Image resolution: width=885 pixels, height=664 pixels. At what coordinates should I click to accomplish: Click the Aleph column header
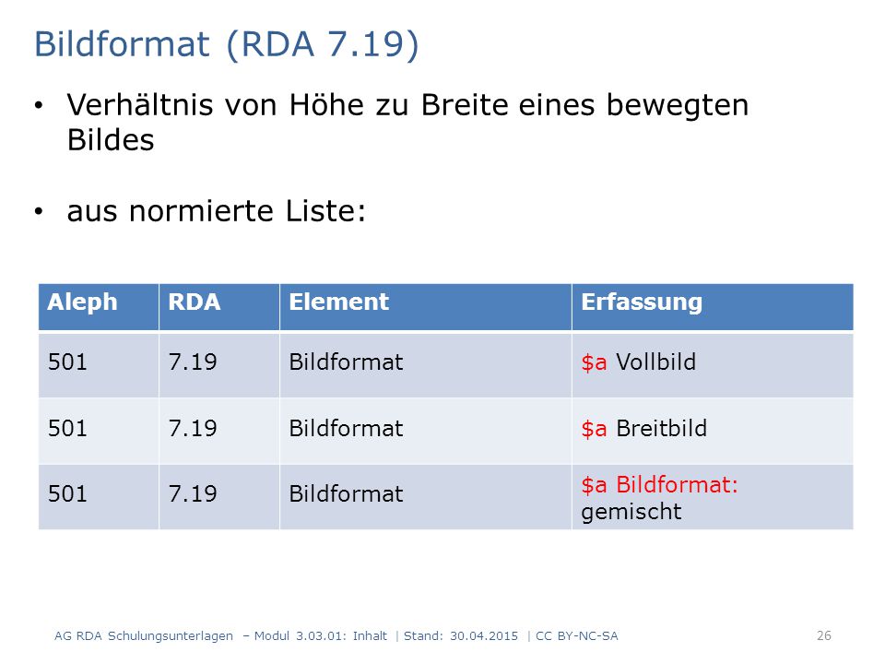(82, 302)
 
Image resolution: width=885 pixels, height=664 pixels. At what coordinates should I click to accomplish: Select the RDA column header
(195, 302)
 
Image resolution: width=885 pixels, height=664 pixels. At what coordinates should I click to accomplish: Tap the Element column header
(338, 302)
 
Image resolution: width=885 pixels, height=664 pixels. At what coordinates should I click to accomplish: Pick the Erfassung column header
(642, 303)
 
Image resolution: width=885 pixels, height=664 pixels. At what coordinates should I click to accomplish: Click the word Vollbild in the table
(655, 362)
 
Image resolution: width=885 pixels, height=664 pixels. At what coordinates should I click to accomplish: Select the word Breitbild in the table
(662, 429)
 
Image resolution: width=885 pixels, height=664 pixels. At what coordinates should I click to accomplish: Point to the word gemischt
(631, 512)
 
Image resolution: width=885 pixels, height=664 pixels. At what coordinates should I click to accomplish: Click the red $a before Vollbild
(594, 362)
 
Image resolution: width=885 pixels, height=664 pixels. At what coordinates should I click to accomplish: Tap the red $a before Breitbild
(594, 429)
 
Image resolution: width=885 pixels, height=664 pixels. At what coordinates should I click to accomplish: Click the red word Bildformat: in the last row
(677, 485)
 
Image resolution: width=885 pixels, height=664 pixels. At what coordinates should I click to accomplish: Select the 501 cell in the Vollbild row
(67, 362)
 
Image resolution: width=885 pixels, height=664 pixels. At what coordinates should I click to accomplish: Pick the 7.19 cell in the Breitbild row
(193, 429)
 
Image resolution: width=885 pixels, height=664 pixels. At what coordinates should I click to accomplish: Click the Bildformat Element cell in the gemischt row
(346, 494)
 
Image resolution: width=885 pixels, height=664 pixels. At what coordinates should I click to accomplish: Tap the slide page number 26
(824, 635)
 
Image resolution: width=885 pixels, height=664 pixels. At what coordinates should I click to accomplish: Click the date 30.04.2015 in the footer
(484, 636)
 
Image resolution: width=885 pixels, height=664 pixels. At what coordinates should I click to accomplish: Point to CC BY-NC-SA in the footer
(577, 636)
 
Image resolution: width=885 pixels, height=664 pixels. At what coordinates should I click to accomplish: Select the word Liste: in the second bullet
(325, 211)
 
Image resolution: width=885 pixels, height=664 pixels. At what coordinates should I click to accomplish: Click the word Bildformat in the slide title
(122, 44)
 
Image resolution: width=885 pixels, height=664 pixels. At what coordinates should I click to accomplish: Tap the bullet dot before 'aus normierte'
(39, 212)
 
